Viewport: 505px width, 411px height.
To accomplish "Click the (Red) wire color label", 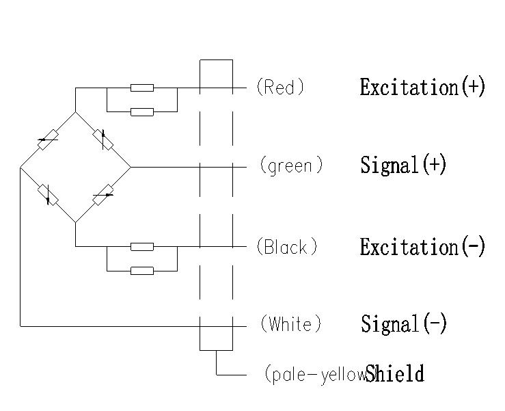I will coord(279,88).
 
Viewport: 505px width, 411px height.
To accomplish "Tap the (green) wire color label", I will coord(291,166).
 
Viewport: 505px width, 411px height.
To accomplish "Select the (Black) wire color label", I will coord(286,247).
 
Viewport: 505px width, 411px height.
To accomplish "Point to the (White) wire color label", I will coord(290,324).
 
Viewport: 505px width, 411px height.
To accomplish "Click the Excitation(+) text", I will coord(422,88).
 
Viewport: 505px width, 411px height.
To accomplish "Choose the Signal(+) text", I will coord(403,165).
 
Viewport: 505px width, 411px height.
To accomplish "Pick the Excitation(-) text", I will coord(422,247).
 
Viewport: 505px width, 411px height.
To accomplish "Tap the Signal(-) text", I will coord(403,324).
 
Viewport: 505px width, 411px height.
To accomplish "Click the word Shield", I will coord(395,374).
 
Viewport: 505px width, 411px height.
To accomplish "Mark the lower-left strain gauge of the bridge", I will coord(47,194).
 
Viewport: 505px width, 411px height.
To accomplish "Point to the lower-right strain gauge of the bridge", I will coord(103,194).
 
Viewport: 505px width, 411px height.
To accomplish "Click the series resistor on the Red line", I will coord(142,88).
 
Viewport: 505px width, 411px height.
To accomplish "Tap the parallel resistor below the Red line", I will coord(142,111).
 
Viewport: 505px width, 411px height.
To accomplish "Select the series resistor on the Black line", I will coord(142,246).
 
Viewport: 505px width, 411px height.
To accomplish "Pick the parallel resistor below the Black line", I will coord(142,271).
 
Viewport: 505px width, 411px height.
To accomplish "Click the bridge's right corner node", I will coord(131,166).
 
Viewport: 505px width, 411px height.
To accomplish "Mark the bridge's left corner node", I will coord(21,166).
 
